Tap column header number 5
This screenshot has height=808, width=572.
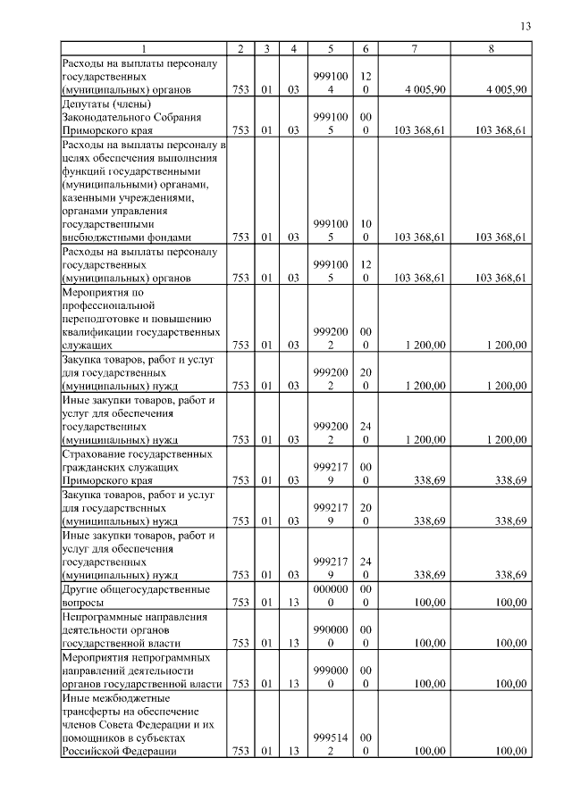[331, 48]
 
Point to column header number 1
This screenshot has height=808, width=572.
[143, 48]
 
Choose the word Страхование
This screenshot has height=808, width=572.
[96, 454]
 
